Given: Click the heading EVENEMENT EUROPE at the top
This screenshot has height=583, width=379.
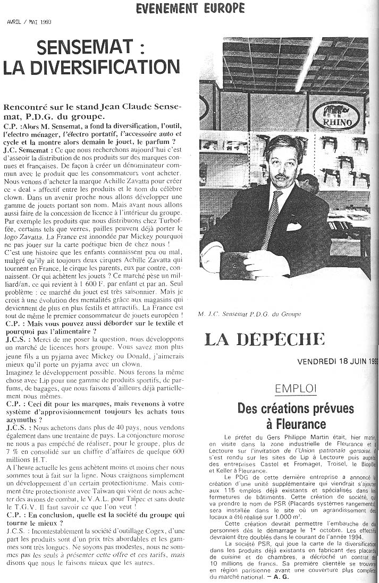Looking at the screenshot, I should pyautogui.click(x=190, y=8).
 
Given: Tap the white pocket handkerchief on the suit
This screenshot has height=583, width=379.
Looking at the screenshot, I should pyautogui.click(x=294, y=227).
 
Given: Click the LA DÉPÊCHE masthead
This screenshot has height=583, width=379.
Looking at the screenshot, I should pyautogui.click(x=264, y=339).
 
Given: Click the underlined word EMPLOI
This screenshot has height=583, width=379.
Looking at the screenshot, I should pyautogui.click(x=296, y=389).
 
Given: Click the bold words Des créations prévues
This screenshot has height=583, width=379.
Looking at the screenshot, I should pyautogui.click(x=296, y=409).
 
